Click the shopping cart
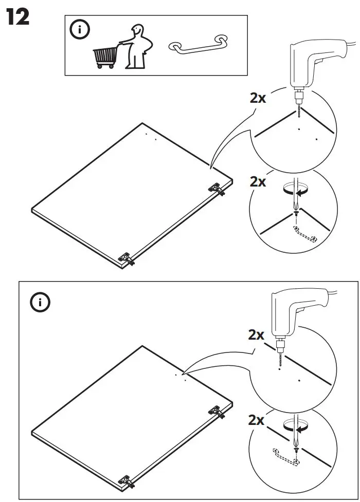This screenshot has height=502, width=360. (105, 57)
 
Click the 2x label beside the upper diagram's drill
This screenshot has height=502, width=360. (258, 98)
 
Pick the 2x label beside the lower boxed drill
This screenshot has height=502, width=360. (256, 335)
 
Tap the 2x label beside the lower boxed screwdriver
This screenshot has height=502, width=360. (256, 420)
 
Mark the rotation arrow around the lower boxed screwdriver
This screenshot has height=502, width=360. (295, 426)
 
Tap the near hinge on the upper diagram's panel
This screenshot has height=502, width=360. (127, 257)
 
